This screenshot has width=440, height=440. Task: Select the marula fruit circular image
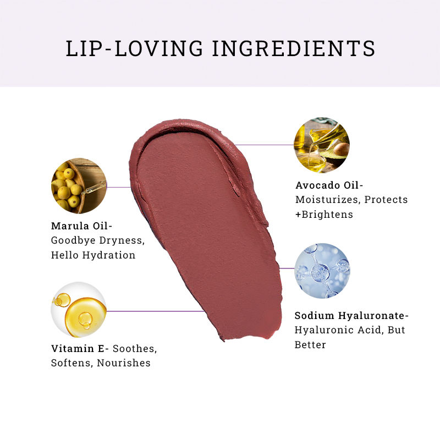pyautogui.click(x=79, y=186)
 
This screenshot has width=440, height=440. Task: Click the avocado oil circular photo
pyautogui.click(x=322, y=145)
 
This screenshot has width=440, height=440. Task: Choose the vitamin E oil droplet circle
pyautogui.click(x=79, y=310)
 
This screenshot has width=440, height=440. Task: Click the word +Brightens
pyautogui.click(x=324, y=214)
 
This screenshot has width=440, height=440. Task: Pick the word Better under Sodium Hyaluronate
pyautogui.click(x=310, y=345)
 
